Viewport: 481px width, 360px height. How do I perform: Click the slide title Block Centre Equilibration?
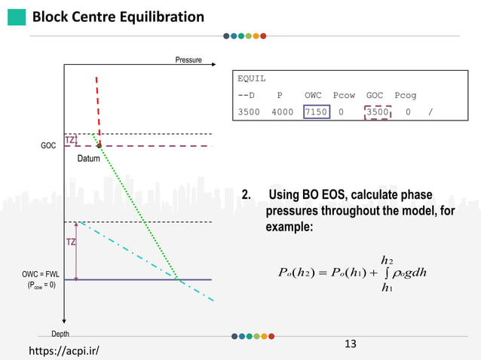click(118, 17)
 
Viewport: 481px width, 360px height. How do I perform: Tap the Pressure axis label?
click(188, 59)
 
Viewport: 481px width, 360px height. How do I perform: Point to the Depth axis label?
click(60, 334)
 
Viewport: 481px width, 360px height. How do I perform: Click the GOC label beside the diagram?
click(48, 145)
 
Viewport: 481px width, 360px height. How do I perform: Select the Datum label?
click(89, 159)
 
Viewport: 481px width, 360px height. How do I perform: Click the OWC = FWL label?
click(43, 276)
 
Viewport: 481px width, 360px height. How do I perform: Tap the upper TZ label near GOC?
click(70, 140)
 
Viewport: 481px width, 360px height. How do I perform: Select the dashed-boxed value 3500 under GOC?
click(378, 112)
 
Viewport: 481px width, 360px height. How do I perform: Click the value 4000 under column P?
click(283, 112)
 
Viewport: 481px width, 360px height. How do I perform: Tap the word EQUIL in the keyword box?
click(252, 78)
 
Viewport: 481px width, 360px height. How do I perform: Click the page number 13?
click(350, 344)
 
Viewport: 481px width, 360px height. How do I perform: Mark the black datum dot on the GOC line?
click(100, 145)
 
